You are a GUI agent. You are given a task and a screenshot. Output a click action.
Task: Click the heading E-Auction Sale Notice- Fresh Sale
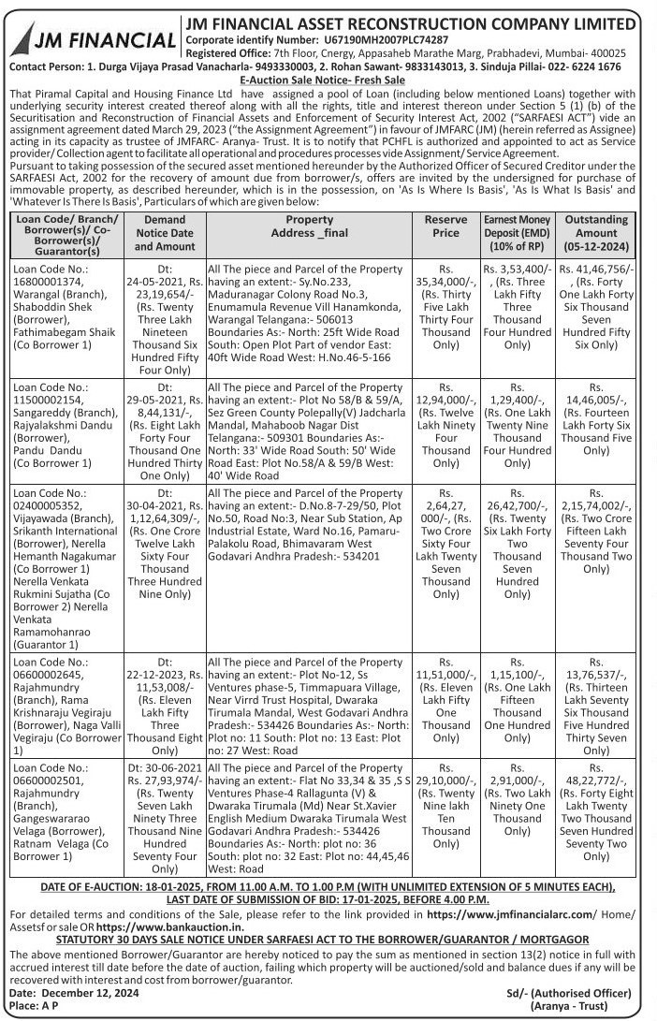point(328,80)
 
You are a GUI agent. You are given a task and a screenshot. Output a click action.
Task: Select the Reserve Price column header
point(446,226)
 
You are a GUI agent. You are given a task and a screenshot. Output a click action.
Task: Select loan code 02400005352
point(47,504)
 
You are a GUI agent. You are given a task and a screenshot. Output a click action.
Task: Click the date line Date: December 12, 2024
point(74,992)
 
